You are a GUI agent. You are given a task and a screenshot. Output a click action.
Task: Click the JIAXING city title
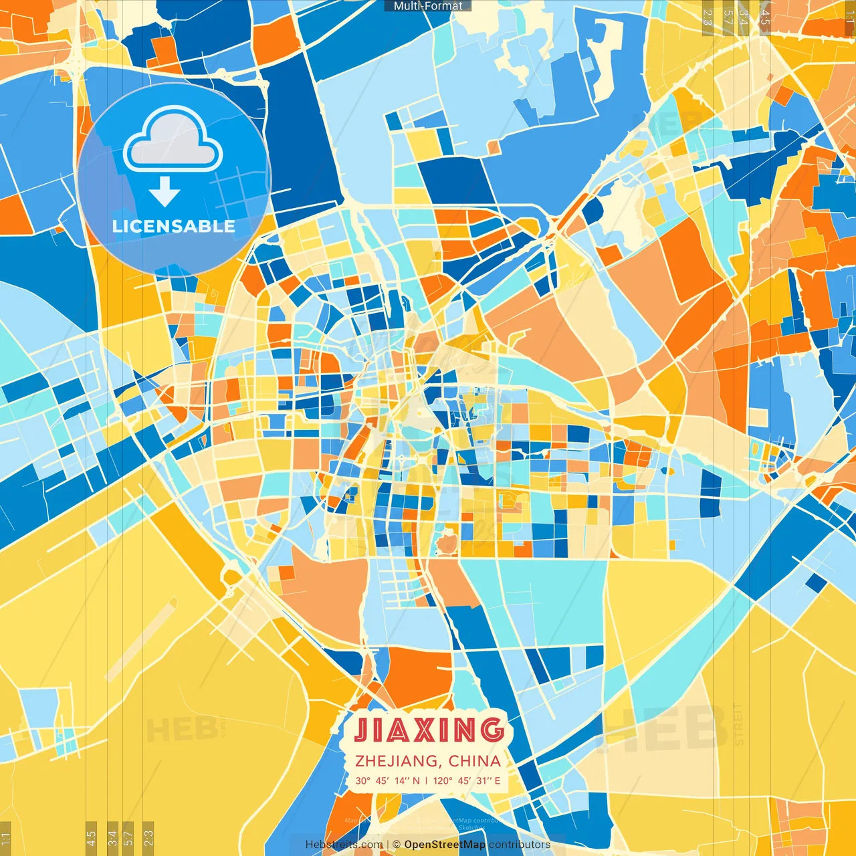click(x=429, y=730)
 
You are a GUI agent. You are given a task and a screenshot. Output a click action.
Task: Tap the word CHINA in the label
click(x=475, y=761)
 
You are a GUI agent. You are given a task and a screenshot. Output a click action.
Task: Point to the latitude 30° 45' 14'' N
click(x=388, y=780)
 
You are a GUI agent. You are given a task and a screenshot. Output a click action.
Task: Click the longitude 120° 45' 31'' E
click(x=467, y=780)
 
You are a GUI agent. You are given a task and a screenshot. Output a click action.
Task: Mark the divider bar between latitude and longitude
click(x=427, y=780)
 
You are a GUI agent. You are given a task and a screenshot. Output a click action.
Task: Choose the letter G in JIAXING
click(x=492, y=730)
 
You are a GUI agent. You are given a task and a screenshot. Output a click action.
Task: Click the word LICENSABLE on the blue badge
click(x=174, y=226)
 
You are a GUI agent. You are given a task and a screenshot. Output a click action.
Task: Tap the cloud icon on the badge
click(x=173, y=139)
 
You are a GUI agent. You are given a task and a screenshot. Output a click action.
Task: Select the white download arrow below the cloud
click(x=165, y=192)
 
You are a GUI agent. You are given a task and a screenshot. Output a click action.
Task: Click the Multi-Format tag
click(x=428, y=6)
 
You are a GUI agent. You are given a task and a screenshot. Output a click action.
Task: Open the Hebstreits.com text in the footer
click(x=344, y=845)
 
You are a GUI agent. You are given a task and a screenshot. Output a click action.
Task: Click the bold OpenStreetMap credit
click(x=445, y=845)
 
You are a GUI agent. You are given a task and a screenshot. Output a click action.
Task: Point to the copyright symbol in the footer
click(x=397, y=845)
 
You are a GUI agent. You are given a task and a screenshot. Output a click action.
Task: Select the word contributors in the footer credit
click(x=520, y=845)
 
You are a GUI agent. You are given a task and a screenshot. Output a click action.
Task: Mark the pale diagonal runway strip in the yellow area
click(x=140, y=639)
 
